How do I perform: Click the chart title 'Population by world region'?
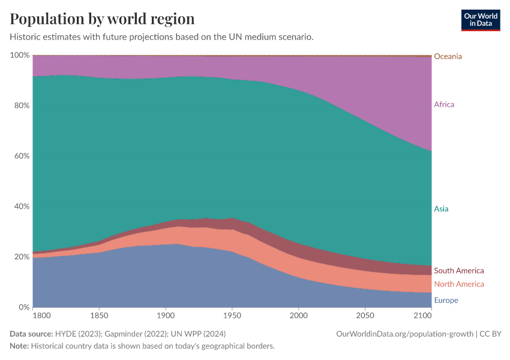(x=102, y=18)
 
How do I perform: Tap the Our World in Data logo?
(x=480, y=20)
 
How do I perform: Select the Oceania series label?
(x=448, y=56)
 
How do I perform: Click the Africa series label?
(x=444, y=104)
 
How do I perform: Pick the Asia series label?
(x=441, y=209)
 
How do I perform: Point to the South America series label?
(x=459, y=271)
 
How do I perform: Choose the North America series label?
(x=459, y=284)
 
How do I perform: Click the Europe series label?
(x=446, y=300)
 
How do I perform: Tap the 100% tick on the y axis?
(x=20, y=55)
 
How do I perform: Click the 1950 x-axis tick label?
(x=232, y=315)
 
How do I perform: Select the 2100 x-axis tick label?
(x=422, y=315)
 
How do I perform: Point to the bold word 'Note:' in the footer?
(x=19, y=346)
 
